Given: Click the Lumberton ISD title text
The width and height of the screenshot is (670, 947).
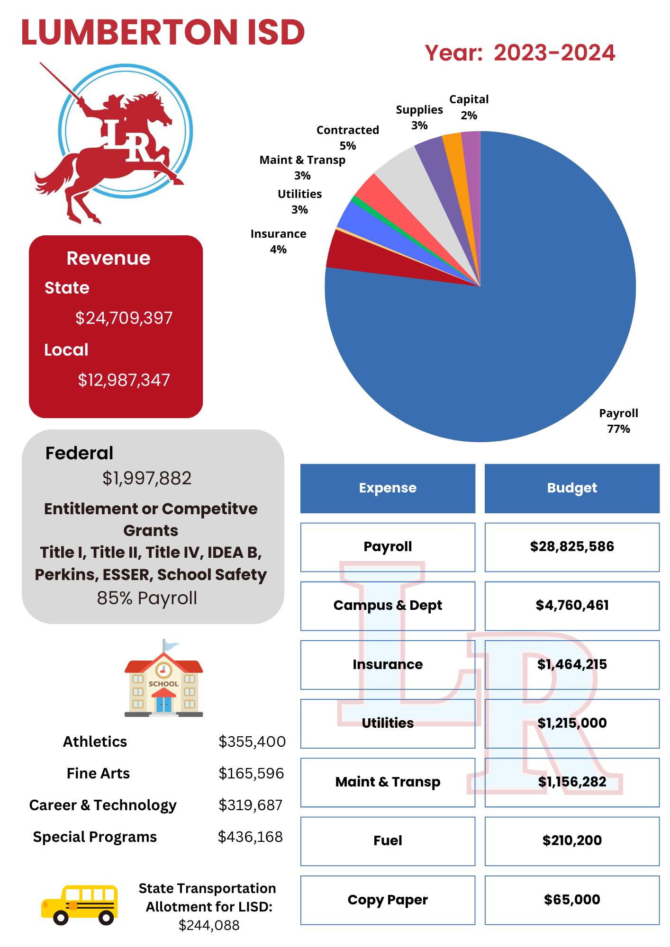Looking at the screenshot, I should click(163, 32).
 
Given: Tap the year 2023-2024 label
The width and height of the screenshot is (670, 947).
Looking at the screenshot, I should click(520, 53).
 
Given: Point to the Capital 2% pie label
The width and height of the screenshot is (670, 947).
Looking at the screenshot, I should click(469, 107).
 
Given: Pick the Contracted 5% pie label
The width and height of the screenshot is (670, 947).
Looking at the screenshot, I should click(347, 137).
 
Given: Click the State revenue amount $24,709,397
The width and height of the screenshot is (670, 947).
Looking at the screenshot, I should click(124, 318).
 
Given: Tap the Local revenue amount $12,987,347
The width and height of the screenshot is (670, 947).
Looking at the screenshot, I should click(124, 380).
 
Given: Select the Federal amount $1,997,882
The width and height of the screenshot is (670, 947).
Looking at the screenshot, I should click(147, 478).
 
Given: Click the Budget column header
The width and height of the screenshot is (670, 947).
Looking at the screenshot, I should click(572, 488).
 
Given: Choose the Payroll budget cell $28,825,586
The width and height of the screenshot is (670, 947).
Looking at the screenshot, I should click(572, 547).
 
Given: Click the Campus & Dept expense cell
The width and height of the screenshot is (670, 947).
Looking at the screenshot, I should click(388, 606).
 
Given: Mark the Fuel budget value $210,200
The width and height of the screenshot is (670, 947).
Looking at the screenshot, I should click(572, 841).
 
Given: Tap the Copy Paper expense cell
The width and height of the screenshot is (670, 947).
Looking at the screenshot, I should click(388, 900).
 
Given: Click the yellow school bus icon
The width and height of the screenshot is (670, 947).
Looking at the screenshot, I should click(80, 904).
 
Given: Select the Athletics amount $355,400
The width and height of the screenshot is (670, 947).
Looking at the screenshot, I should click(252, 742).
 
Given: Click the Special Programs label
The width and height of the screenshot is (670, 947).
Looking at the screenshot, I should click(95, 837).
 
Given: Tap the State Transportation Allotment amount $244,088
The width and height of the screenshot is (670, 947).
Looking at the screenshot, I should click(209, 925).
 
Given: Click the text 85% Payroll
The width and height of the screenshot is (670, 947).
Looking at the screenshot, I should click(147, 598).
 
